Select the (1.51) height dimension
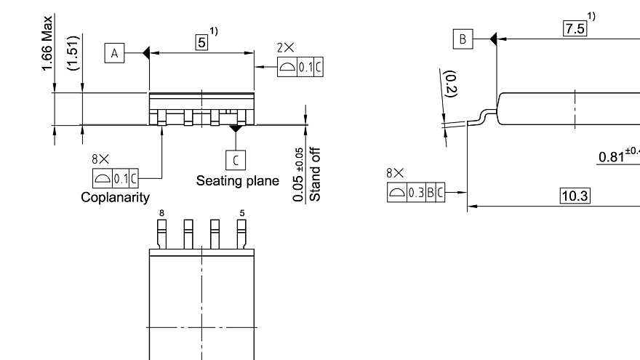[x=73, y=55]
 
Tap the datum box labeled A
[x=114, y=52]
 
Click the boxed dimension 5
[x=201, y=42]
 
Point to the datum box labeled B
[x=462, y=39]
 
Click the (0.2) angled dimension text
[x=450, y=84]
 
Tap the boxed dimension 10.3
[x=575, y=195]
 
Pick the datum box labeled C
[x=235, y=159]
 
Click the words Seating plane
[x=237, y=180]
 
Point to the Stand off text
[x=316, y=174]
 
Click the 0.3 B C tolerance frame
[x=415, y=192]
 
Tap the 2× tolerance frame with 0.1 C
[x=300, y=68]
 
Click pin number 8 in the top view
[x=161, y=212]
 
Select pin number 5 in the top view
[x=241, y=212]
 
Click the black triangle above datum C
[x=235, y=129]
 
